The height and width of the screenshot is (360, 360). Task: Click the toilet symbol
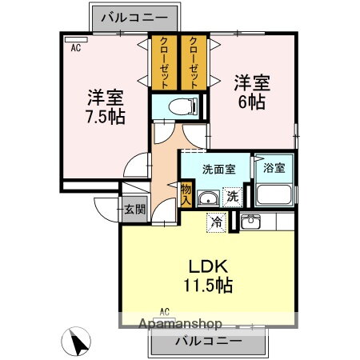tap(183, 106)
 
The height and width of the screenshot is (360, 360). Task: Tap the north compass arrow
tap(78, 342)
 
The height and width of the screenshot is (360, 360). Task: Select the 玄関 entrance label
tap(135, 210)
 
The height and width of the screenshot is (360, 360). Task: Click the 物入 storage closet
tap(186, 194)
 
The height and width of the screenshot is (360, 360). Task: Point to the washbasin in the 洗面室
tap(208, 198)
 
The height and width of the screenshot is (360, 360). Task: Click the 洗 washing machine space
tap(233, 197)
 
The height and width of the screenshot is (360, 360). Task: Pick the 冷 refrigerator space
tap(216, 222)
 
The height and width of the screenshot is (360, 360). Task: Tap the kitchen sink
tap(250, 221)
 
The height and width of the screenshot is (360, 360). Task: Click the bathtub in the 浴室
tap(274, 194)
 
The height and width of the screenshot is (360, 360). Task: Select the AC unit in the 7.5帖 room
tap(76, 39)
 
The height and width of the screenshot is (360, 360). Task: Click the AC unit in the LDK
tap(165, 320)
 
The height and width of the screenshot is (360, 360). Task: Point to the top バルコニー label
tap(134, 18)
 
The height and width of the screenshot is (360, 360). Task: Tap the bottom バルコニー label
tap(209, 341)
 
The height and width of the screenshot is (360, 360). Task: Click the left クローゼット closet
tap(164, 62)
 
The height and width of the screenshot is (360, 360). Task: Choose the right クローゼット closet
tap(194, 62)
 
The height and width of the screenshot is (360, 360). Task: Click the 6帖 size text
tap(252, 102)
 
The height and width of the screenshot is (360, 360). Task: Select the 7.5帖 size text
tap(106, 117)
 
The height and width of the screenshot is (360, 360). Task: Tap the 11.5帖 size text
tap(208, 286)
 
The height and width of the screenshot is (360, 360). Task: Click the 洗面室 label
tap(219, 169)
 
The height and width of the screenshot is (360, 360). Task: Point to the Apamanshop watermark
tap(180, 324)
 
